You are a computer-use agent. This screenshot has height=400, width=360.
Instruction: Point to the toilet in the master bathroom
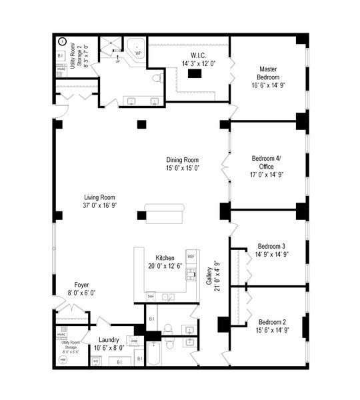pyautogui.click(x=156, y=78)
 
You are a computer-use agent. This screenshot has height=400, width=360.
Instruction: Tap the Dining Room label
pyautogui.click(x=183, y=159)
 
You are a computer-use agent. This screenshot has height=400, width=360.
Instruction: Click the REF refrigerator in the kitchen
pyautogui.click(x=191, y=256)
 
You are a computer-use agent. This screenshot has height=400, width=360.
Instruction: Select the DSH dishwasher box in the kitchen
pyautogui.click(x=151, y=295)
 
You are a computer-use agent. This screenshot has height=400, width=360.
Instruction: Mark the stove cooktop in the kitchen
pyautogui.click(x=190, y=273)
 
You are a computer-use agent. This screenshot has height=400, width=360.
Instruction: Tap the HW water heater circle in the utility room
pyautogui.click(x=63, y=359)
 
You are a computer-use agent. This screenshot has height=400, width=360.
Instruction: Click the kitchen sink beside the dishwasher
pyautogui.click(x=168, y=295)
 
